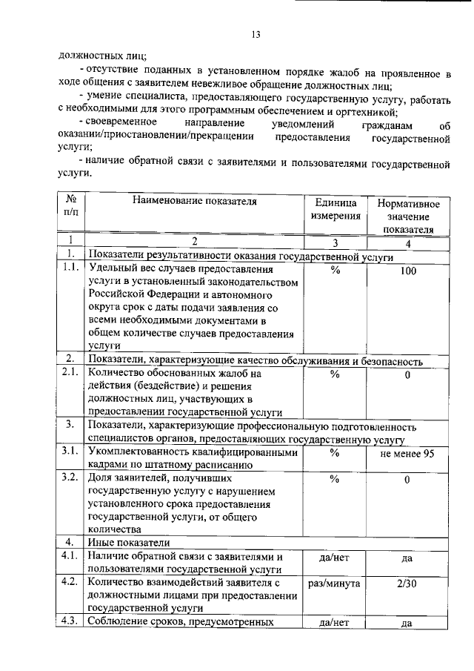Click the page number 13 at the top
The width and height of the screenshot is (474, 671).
[256, 33]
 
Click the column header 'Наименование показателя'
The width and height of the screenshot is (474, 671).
[195, 200]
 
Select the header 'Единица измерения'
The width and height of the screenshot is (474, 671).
[336, 208]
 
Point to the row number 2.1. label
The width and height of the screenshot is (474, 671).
[71, 374]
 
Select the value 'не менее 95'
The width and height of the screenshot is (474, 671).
[407, 453]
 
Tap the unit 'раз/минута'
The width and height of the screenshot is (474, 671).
[335, 583]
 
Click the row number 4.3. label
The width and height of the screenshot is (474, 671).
[71, 621]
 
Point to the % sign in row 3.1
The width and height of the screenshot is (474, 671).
[335, 452]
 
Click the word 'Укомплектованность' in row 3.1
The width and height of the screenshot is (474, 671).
[135, 452]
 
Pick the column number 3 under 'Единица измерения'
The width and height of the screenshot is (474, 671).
[335, 241]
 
